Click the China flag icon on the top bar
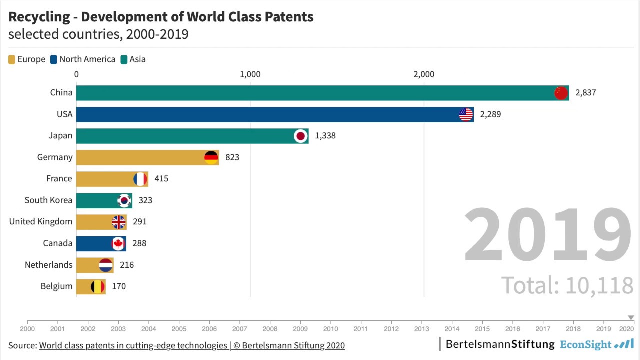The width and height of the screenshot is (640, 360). [x=561, y=93]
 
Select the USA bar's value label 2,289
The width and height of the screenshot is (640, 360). [x=490, y=114]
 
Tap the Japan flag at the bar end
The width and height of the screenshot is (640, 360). [x=300, y=136]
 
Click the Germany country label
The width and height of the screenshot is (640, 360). [x=55, y=157]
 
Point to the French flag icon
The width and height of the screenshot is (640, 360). [x=140, y=179]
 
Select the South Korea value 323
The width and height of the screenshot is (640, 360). [x=145, y=200]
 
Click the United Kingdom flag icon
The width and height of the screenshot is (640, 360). [x=119, y=222]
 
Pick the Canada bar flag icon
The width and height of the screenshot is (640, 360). [x=118, y=243]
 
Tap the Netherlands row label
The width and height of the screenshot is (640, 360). [x=48, y=265]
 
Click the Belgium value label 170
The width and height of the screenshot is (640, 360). [x=119, y=286]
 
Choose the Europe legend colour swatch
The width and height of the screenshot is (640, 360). [x=12, y=60]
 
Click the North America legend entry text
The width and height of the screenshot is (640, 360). [x=87, y=59]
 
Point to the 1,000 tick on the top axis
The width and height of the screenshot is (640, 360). [x=250, y=74]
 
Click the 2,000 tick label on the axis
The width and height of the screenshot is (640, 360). [x=424, y=74]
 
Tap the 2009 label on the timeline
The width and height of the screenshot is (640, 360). [x=300, y=329]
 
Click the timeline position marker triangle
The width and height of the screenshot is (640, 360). [x=631, y=317]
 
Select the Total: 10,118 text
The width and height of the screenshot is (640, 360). [x=567, y=285]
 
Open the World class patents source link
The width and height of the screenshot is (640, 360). [x=133, y=345]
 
